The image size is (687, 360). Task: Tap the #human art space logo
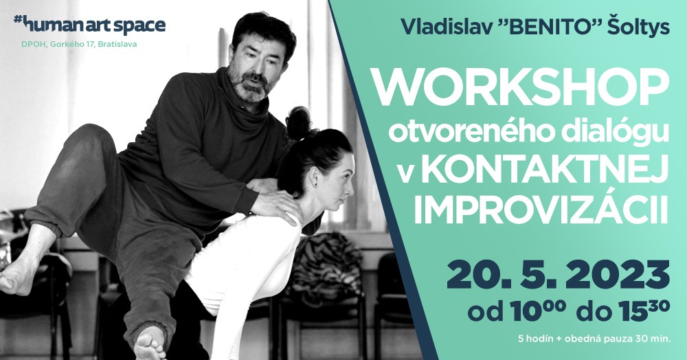point(89,25)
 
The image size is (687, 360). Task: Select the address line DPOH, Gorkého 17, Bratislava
point(79,44)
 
